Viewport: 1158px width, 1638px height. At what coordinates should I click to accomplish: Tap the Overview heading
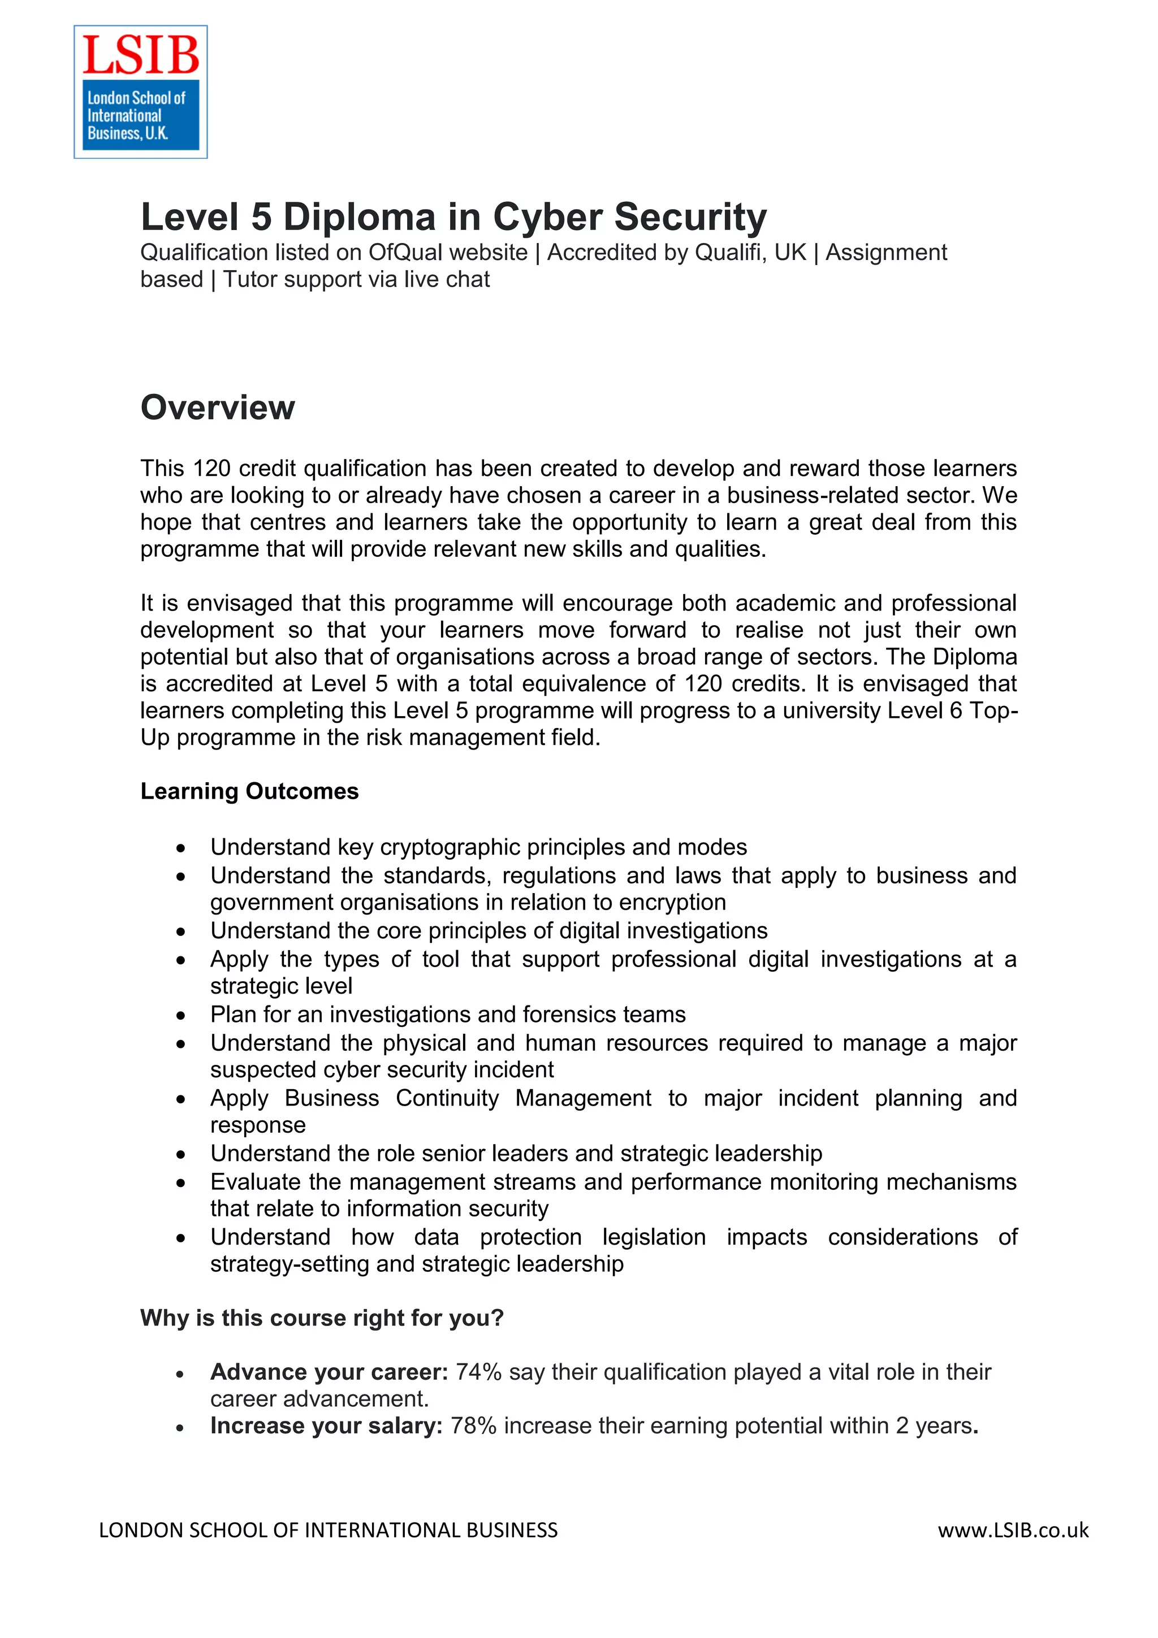[218, 408]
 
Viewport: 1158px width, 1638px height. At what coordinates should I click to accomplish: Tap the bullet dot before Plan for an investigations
[182, 1016]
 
